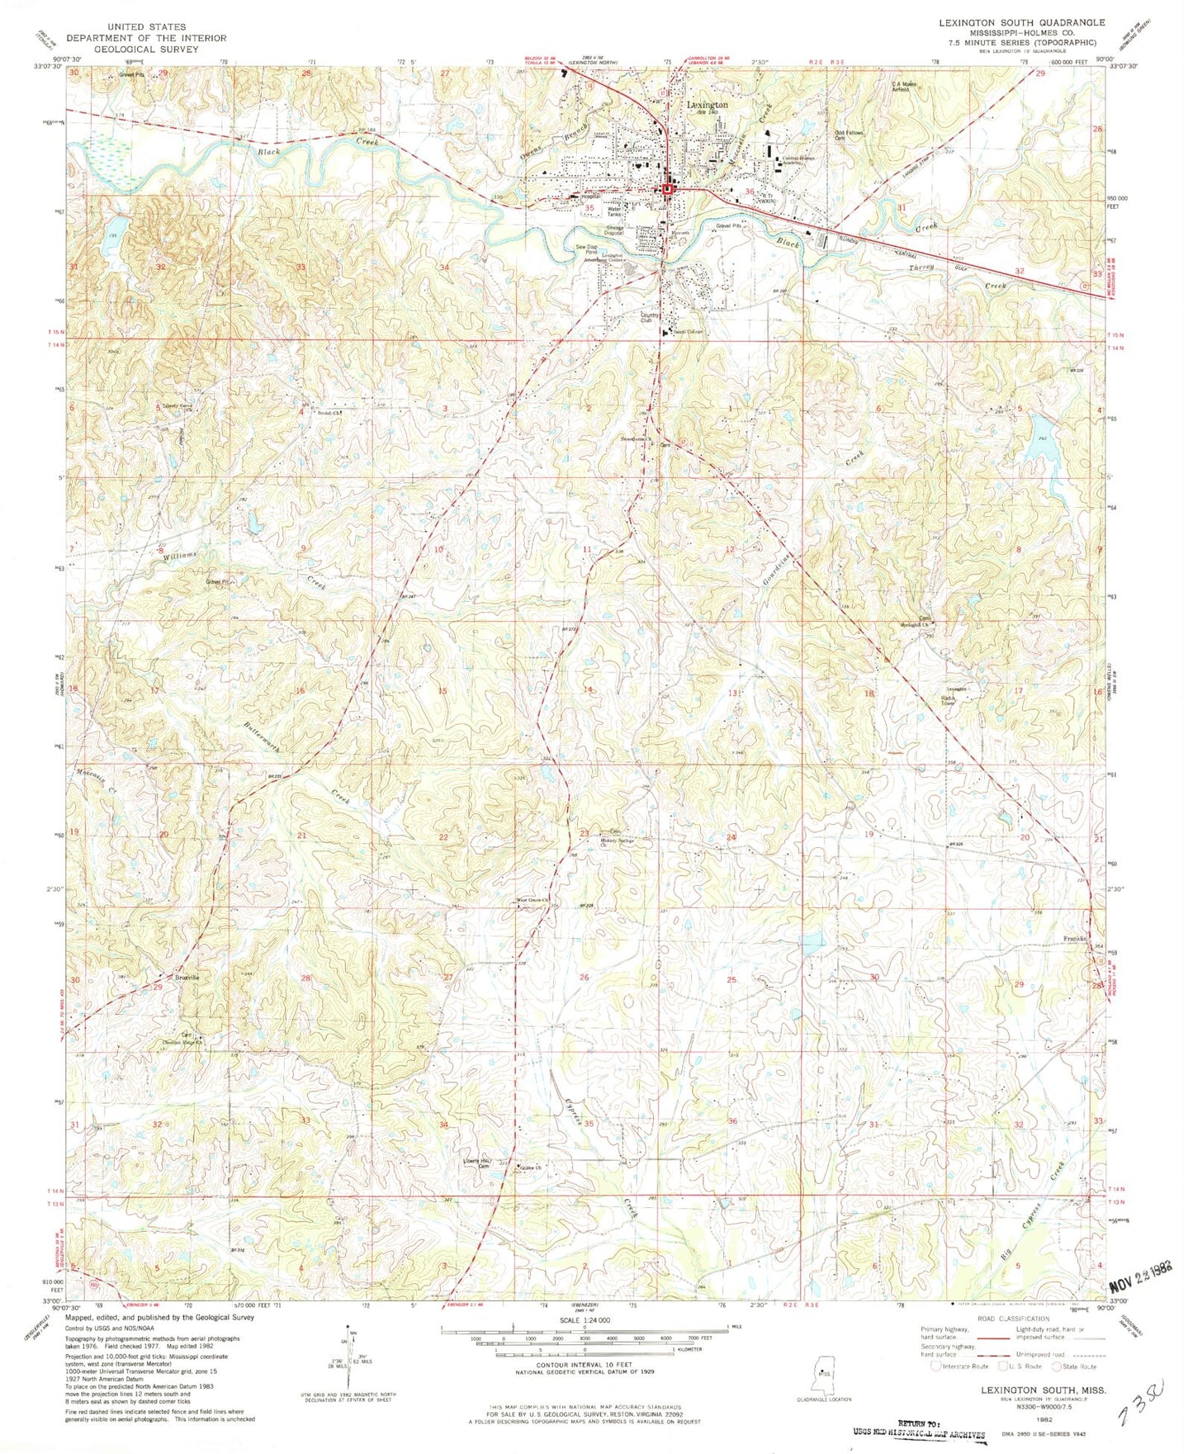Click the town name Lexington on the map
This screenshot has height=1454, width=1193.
708,106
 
